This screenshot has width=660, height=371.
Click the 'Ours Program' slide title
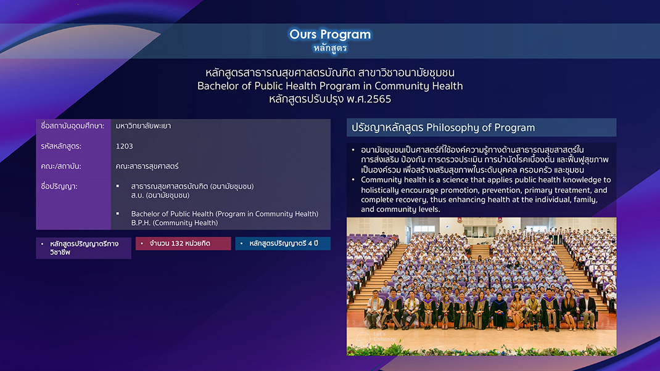click(330, 34)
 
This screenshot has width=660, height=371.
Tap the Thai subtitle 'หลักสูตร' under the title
click(330, 48)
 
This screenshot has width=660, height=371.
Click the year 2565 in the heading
click(377, 99)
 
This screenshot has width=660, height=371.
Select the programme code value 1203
click(124, 146)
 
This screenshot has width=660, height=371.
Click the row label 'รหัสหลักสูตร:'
click(61, 146)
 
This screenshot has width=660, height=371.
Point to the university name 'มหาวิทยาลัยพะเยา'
click(143, 126)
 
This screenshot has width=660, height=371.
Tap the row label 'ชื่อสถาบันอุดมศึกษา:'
click(72, 126)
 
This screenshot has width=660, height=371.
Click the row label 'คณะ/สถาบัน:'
click(61, 166)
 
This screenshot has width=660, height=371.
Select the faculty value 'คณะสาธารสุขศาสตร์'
click(147, 166)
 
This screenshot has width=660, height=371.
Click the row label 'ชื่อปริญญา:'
click(59, 186)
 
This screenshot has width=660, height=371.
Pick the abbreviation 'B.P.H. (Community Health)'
click(175, 223)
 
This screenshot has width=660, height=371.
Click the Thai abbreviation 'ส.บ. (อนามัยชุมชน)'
click(160, 195)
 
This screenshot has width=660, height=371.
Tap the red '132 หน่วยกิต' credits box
click(183, 243)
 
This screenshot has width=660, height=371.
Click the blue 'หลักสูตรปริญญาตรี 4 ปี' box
click(283, 243)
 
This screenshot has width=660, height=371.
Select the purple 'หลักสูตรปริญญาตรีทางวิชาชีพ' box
click(83, 248)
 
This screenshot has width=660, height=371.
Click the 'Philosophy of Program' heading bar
click(481, 128)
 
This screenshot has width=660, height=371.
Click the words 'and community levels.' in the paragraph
click(400, 210)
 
